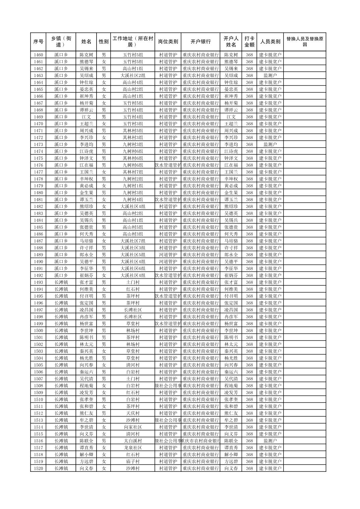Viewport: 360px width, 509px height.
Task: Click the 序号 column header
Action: [x=38, y=42]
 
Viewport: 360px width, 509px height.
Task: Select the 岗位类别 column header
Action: [x=168, y=42]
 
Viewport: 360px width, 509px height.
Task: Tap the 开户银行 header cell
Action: [x=200, y=42]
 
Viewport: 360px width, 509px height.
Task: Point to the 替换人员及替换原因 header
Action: [x=304, y=42]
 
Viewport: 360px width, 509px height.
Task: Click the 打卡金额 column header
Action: [x=249, y=42]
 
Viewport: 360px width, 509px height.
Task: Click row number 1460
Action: [x=38, y=55]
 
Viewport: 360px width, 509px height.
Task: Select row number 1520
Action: [x=38, y=468]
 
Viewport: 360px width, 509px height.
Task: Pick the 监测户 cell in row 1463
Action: [x=270, y=76]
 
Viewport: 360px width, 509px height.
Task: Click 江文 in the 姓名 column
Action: [x=86, y=117]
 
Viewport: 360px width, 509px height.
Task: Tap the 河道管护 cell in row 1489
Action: [x=168, y=255]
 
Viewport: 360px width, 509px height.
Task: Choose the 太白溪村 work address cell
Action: [x=133, y=441]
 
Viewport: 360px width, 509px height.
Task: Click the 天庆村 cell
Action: [x=133, y=413]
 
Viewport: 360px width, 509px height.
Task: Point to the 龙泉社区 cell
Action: [x=133, y=448]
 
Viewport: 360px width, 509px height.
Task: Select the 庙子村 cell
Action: [x=133, y=461]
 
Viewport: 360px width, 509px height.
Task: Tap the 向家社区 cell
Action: [x=133, y=427]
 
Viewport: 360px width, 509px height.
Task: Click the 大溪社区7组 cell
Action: [x=133, y=241]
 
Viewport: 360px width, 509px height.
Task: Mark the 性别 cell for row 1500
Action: [x=104, y=331]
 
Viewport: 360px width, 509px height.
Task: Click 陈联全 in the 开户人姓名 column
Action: [x=231, y=441]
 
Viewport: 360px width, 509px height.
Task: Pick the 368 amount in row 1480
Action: [x=249, y=193]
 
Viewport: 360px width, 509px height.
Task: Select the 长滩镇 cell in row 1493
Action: [x=61, y=282]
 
